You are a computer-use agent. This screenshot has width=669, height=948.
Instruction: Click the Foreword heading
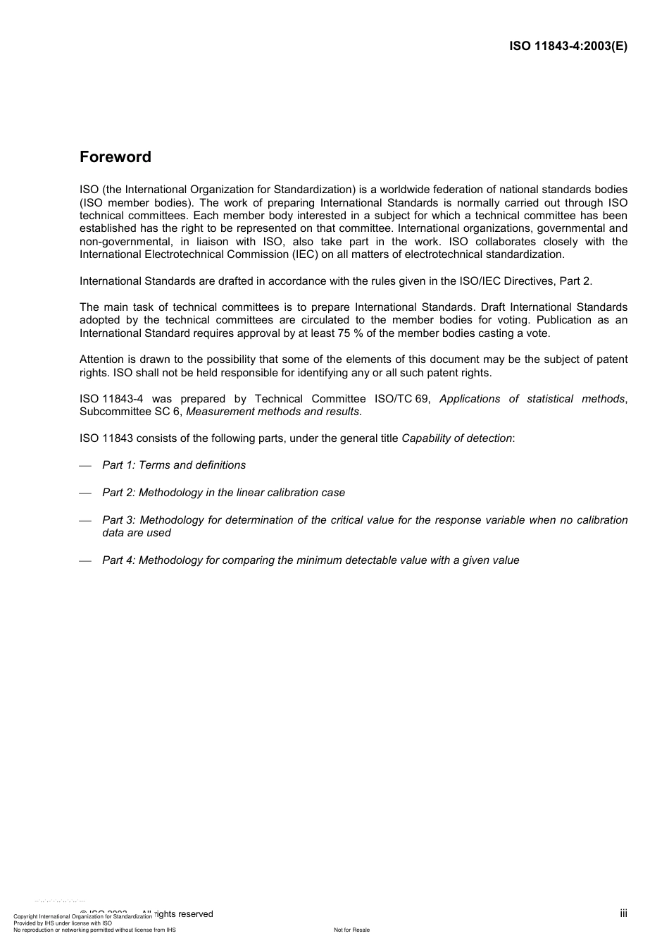click(115, 157)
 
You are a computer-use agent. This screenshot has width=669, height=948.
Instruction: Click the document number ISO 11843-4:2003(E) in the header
click(568, 47)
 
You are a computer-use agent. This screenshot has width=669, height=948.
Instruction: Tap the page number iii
click(623, 913)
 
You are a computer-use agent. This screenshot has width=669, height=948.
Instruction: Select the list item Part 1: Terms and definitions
click(174, 465)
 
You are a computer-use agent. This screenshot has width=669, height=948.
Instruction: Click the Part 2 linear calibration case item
click(223, 493)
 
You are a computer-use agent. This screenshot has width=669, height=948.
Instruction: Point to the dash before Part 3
click(85, 521)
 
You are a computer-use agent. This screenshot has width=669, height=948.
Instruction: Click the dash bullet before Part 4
click(85, 561)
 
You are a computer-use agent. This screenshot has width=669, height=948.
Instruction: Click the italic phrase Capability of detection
click(456, 438)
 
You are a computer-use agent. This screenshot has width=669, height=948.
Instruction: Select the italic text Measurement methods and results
click(273, 412)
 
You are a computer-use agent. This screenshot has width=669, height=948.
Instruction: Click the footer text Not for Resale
click(351, 930)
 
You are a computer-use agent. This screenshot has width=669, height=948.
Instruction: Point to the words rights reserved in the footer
click(184, 914)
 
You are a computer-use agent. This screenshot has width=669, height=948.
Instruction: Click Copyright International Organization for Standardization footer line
click(82, 917)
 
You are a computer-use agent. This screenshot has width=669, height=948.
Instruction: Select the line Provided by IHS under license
click(63, 923)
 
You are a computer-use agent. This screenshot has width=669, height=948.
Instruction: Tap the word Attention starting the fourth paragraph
click(101, 359)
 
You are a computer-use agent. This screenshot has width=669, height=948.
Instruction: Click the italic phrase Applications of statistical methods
click(532, 399)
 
